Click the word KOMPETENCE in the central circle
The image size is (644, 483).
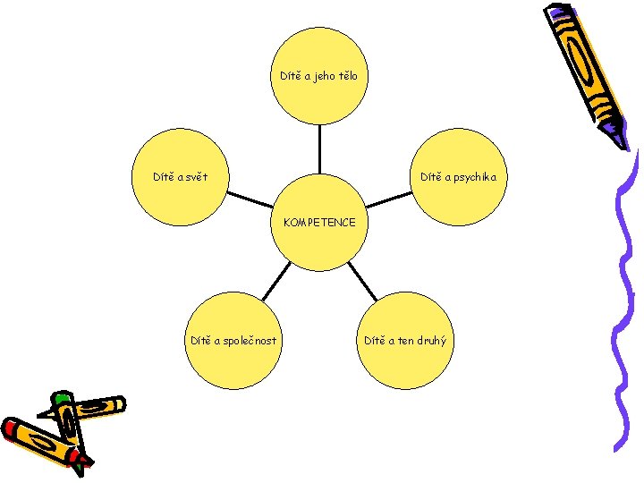(x=319, y=222)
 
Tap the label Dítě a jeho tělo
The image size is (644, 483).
(x=318, y=76)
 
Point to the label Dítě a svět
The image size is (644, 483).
(x=180, y=177)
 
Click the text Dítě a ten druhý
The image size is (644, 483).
(x=405, y=340)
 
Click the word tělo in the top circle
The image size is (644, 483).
(x=344, y=76)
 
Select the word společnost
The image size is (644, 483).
(x=248, y=340)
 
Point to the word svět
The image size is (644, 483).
(x=194, y=177)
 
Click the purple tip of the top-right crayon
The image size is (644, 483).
(x=620, y=139)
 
